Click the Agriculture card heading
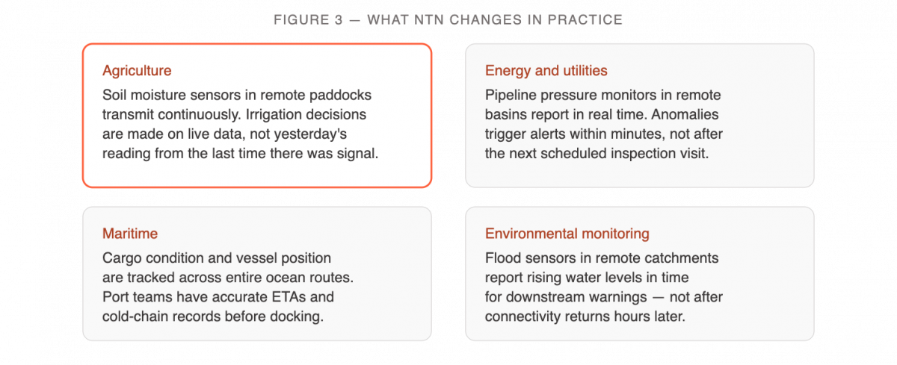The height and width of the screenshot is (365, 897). coord(137,71)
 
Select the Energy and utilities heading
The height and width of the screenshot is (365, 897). coord(546,71)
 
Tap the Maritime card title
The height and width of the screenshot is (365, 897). coord(130,234)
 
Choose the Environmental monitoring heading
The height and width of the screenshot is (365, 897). coord(567,234)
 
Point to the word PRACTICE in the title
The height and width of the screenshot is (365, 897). coord(585,20)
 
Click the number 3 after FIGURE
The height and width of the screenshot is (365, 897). coord(339,20)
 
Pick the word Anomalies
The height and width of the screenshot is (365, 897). coord(685,115)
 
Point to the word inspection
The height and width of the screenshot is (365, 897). coord(646,154)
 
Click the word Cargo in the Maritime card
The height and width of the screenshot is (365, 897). coord(122,258)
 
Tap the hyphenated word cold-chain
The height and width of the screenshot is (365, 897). coord(136,316)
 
